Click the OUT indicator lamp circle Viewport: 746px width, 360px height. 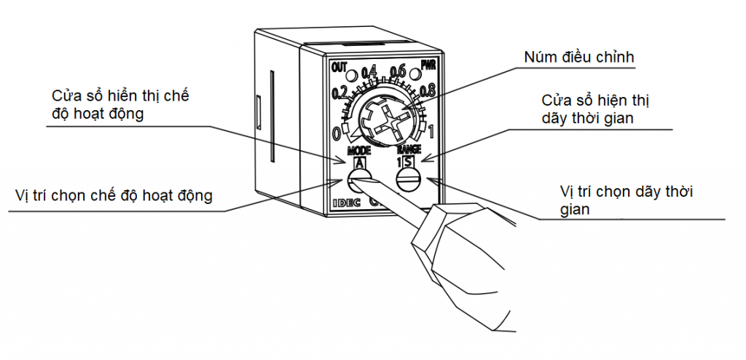pyautogui.click(x=351, y=75)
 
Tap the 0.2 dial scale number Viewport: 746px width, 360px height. pyautogui.click(x=339, y=93)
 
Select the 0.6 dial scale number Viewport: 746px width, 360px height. pyautogui.click(x=398, y=71)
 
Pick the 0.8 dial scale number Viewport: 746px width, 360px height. pyautogui.click(x=428, y=92)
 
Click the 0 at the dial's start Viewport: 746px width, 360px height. pyautogui.click(x=336, y=134)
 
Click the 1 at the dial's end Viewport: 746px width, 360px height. pyautogui.click(x=433, y=133)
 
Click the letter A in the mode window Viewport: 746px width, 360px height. pyautogui.click(x=359, y=163)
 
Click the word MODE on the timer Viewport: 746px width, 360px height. pyautogui.click(x=358, y=151)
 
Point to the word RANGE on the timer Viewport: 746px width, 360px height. pyautogui.click(x=408, y=149)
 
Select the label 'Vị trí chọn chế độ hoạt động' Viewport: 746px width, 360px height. pyautogui.click(x=113, y=196)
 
